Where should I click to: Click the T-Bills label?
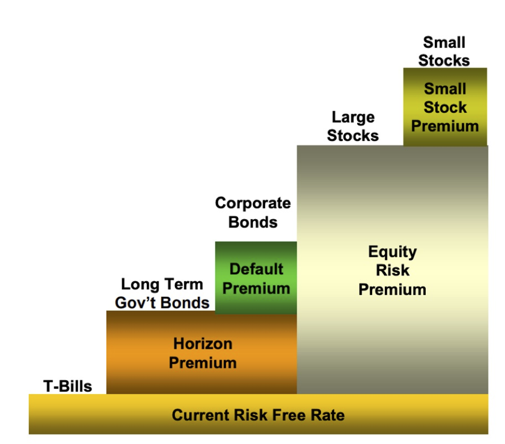pyautogui.click(x=68, y=386)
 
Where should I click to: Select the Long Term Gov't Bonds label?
pyautogui.click(x=162, y=293)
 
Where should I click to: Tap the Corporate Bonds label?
pyautogui.click(x=252, y=212)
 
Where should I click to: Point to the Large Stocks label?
pyautogui.click(x=353, y=126)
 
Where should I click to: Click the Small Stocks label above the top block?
pyautogui.click(x=444, y=51)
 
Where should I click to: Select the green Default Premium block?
pyautogui.click(x=256, y=278)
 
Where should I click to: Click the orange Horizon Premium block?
pyautogui.click(x=202, y=353)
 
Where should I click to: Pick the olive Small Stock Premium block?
pyautogui.click(x=445, y=107)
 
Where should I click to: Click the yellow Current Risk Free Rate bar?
pyautogui.click(x=258, y=415)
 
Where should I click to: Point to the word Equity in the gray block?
pyautogui.click(x=392, y=252)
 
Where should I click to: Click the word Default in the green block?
pyautogui.click(x=256, y=269)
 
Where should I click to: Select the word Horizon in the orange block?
pyautogui.click(x=203, y=344)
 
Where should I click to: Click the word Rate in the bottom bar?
pyautogui.click(x=328, y=415)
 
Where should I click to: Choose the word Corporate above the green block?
pyautogui.click(x=252, y=203)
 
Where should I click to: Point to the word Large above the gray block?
pyautogui.click(x=353, y=117)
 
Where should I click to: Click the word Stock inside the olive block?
pyautogui.click(x=445, y=107)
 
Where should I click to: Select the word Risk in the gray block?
pyautogui.click(x=392, y=270)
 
